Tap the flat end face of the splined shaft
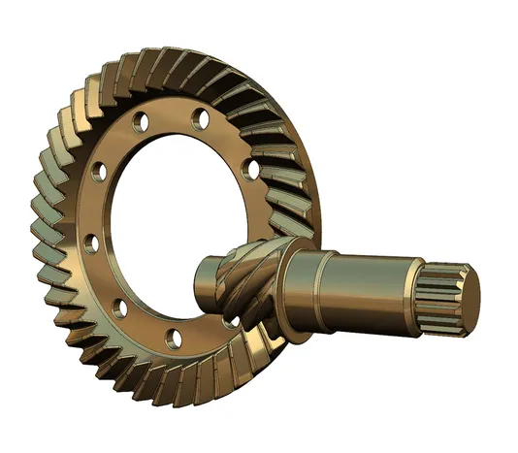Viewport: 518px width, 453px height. coord(465,295)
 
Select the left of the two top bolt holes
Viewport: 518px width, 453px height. coord(140,123)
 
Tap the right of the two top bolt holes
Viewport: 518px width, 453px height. coord(202,119)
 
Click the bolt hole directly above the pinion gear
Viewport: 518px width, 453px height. coord(251,169)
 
